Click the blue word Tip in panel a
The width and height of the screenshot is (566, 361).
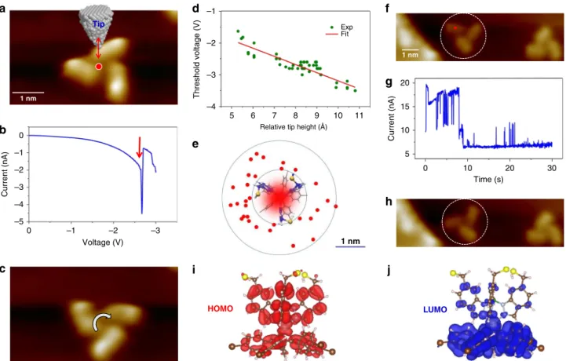[99, 24]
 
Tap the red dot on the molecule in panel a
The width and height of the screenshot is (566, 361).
[99, 67]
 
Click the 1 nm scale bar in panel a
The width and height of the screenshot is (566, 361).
[28, 93]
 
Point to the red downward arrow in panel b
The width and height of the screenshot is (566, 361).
[140, 148]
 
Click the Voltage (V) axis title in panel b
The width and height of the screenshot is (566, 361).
[103, 242]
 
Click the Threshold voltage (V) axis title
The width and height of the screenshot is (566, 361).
[196, 60]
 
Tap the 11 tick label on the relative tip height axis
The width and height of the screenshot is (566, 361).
[360, 115]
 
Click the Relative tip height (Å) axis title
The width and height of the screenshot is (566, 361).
[294, 126]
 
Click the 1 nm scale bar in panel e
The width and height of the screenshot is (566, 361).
[350, 247]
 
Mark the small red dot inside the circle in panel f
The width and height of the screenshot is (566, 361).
[455, 27]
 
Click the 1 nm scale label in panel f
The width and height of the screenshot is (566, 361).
[411, 55]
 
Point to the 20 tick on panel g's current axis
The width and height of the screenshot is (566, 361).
[405, 82]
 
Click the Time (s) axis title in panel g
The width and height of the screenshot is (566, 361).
[488, 179]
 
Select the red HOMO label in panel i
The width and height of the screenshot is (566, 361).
[220, 308]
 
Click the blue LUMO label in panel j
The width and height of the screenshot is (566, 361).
[435, 309]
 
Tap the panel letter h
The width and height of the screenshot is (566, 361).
[389, 202]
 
